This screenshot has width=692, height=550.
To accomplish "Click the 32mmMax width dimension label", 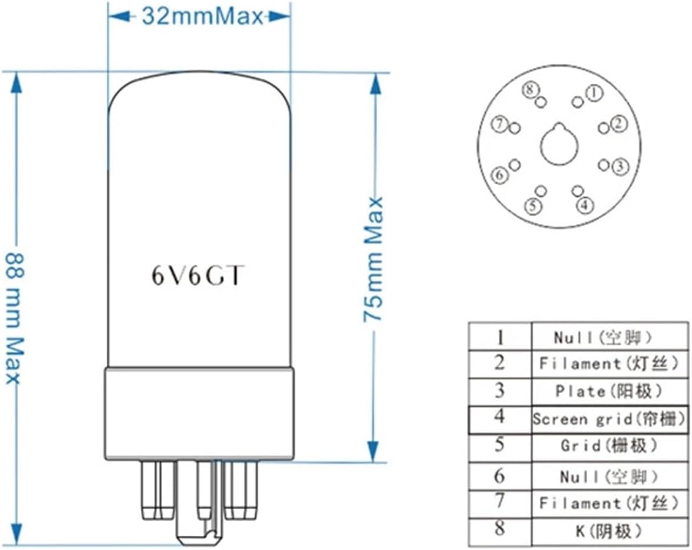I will (200, 16).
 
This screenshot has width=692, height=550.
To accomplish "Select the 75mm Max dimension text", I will (373, 259).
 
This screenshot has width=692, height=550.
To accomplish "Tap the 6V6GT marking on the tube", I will (196, 275).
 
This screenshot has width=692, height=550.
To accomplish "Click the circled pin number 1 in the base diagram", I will (594, 92).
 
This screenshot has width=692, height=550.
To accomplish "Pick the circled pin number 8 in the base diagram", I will (530, 90).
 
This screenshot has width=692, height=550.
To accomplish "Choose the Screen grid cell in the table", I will (609, 419).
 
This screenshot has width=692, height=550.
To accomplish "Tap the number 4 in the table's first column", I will (499, 418).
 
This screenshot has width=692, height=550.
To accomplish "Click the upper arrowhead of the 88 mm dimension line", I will (16, 83).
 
